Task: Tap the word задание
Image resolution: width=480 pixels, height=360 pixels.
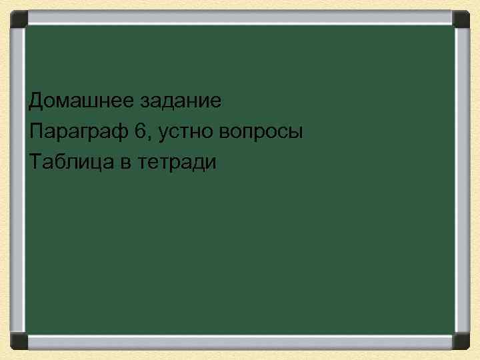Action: [x=181, y=102]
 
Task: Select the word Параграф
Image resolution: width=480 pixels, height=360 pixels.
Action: [x=78, y=132]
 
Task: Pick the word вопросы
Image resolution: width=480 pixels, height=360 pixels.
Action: [x=263, y=133]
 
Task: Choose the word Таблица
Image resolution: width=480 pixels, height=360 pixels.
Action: [x=71, y=162]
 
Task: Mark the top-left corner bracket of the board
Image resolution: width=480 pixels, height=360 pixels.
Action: [x=19, y=19]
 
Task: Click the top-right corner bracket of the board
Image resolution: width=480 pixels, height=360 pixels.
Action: [x=461, y=19]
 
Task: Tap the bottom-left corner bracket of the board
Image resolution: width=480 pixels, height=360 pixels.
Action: [x=19, y=341]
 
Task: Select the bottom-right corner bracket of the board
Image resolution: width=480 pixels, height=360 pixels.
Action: [x=461, y=341]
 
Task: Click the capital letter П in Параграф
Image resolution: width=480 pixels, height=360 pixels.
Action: [x=37, y=131]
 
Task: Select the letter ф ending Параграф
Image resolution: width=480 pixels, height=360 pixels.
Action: [x=120, y=133]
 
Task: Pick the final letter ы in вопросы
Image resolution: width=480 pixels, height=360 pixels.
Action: [x=296, y=133]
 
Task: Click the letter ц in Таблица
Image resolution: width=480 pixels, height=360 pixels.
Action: [x=96, y=163]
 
